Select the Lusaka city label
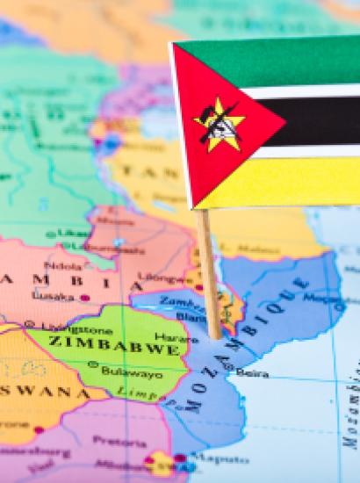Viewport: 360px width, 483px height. (x=53, y=298)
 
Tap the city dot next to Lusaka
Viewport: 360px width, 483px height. (x=84, y=298)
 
